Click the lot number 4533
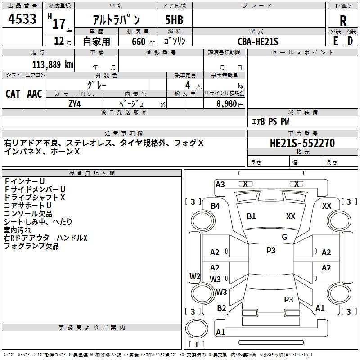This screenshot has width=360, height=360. [22, 21]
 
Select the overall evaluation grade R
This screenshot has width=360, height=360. [343, 21]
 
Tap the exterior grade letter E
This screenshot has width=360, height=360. [335, 40]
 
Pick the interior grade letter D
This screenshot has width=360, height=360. [351, 40]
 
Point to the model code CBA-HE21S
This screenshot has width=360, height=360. [258, 41]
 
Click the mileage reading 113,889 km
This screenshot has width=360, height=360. [53, 64]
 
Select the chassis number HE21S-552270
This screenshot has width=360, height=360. [302, 143]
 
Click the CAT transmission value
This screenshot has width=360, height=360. [13, 94]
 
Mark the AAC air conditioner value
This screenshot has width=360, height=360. [35, 94]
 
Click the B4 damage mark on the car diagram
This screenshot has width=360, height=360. [216, 206]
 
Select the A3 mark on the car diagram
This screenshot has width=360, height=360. [220, 184]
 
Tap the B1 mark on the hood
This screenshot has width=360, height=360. [251, 216]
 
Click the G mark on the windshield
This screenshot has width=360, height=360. [284, 237]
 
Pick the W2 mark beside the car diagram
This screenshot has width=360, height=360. [194, 276]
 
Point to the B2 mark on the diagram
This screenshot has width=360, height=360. [221, 308]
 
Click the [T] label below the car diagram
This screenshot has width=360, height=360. [197, 344]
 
